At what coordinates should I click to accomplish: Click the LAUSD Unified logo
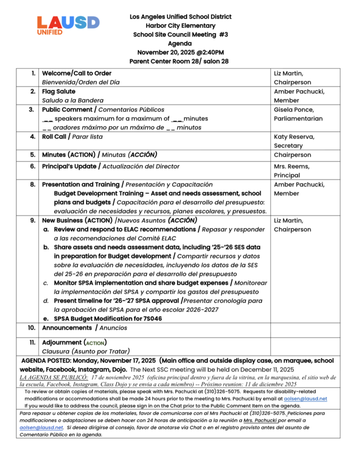pyautogui.click(x=68, y=26)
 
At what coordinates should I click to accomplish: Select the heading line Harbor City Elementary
pyautogui.click(x=180, y=25)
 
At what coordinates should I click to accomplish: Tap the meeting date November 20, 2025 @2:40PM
pyautogui.click(x=180, y=52)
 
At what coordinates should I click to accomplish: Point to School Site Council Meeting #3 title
pyautogui.click(x=180, y=34)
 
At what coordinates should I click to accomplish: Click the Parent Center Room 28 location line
pyautogui.click(x=180, y=61)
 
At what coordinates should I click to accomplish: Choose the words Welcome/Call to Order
pyautogui.click(x=76, y=73)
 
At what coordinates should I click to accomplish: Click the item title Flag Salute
pyautogui.click(x=59, y=91)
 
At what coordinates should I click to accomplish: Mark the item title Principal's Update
pyautogui.click(x=69, y=166)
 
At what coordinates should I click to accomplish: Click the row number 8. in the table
pyautogui.click(x=33, y=184)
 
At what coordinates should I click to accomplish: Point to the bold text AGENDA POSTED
pyautogui.click(x=47, y=361)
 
